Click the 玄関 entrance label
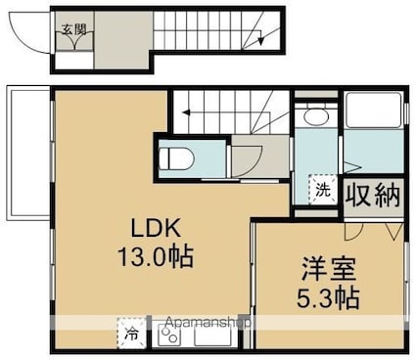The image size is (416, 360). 74,30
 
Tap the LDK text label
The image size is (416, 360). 156,228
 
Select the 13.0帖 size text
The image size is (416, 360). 156,256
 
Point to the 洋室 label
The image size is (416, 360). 328,269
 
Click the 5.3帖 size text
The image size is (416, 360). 328,297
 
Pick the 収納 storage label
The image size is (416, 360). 373,196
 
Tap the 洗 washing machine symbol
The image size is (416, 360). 323,190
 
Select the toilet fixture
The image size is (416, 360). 176,158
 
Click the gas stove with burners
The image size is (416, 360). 169,336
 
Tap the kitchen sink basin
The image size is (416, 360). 213,335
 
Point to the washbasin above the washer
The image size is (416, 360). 315,116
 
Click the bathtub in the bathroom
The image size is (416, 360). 373,110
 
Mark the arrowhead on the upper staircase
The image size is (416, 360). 260,41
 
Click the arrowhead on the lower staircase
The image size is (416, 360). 186,112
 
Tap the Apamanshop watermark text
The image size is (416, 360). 208,323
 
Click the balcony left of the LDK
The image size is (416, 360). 28,154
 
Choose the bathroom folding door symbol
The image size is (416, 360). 351,168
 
